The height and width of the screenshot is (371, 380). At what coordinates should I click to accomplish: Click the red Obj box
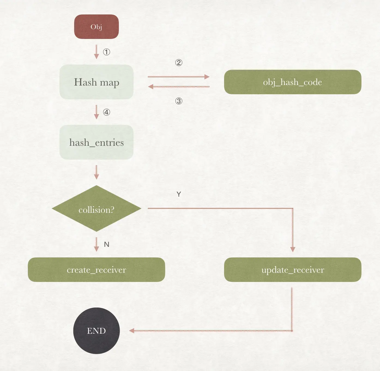pyautogui.click(x=96, y=27)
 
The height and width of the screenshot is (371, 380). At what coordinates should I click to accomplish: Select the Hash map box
pyautogui.click(x=96, y=82)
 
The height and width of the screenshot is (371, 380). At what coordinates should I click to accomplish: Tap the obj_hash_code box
pyautogui.click(x=292, y=82)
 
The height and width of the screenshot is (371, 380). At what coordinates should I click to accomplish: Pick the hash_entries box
pyautogui.click(x=96, y=142)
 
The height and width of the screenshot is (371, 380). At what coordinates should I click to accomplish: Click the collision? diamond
pyautogui.click(x=96, y=209)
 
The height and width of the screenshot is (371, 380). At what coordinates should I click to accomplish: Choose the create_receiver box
pyautogui.click(x=96, y=270)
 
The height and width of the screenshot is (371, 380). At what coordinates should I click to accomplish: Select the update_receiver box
pyautogui.click(x=292, y=270)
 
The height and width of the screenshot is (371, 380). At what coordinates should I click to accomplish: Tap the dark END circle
pyautogui.click(x=96, y=331)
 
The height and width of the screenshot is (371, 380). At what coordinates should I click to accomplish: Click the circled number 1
pyautogui.click(x=107, y=52)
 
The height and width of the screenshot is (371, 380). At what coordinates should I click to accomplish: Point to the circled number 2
pyautogui.click(x=179, y=63)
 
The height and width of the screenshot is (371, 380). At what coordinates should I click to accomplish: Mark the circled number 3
pyautogui.click(x=179, y=101)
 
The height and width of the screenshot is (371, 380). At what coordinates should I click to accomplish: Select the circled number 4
pyautogui.click(x=107, y=112)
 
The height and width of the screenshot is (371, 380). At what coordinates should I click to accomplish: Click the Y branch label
pyautogui.click(x=179, y=194)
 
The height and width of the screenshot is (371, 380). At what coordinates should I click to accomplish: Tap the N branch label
pyautogui.click(x=107, y=244)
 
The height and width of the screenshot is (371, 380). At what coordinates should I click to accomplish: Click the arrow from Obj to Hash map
pyautogui.click(x=96, y=52)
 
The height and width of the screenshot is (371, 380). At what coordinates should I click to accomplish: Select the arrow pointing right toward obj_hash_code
pyautogui.click(x=179, y=77)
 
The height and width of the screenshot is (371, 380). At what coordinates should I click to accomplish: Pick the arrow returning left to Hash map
pyautogui.click(x=179, y=87)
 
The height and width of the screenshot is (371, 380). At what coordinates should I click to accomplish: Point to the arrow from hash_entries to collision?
pyautogui.click(x=96, y=172)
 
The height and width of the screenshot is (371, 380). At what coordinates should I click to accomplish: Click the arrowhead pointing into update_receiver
pyautogui.click(x=293, y=249)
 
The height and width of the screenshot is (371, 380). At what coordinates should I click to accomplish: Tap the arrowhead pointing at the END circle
pyautogui.click(x=132, y=331)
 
